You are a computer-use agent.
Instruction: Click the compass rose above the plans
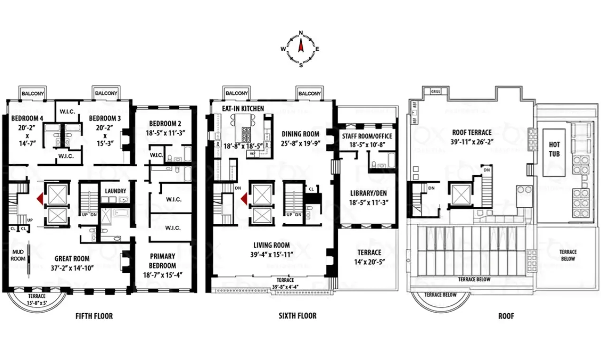click(300, 48)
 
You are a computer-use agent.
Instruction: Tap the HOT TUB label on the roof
click(554, 149)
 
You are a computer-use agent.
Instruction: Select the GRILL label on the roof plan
click(435, 91)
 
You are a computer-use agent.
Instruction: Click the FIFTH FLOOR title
click(94, 316)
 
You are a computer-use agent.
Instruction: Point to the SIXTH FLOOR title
click(297, 316)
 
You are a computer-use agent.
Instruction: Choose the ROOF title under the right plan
click(506, 316)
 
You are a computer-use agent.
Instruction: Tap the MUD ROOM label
click(18, 255)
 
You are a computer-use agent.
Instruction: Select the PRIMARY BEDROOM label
click(162, 261)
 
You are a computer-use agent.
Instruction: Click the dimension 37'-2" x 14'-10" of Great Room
click(72, 268)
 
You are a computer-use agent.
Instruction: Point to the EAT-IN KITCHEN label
click(243, 109)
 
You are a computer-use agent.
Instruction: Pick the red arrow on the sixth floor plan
click(244, 199)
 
